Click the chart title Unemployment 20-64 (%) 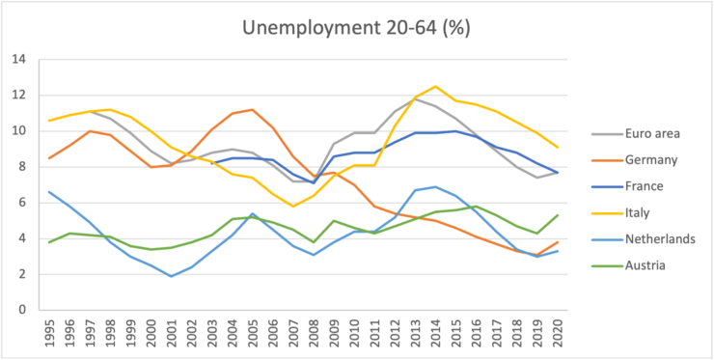tap(356, 28)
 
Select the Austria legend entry tap(628, 264)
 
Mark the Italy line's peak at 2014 tap(436, 86)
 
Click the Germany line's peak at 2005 tap(252, 109)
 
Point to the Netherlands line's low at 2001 tap(171, 276)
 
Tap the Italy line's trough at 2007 tap(292, 206)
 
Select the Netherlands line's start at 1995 tap(48, 192)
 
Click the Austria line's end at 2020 tap(558, 215)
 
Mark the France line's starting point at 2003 tap(211, 163)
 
